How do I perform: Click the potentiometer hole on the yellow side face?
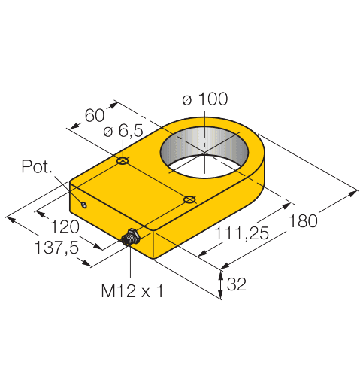click(x=85, y=204)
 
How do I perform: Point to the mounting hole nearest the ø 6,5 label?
click(x=123, y=160)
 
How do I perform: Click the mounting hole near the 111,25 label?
click(x=189, y=199)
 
